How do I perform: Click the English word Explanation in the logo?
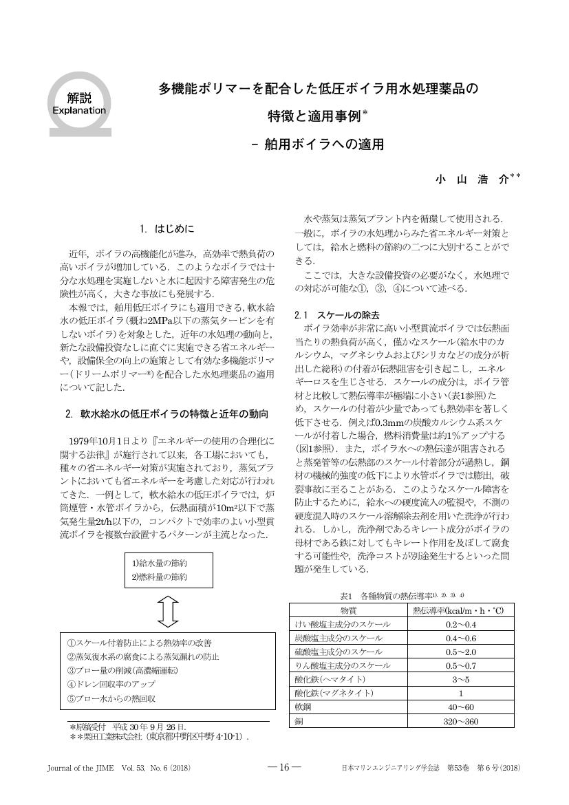(x=79, y=110)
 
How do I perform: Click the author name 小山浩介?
(x=473, y=179)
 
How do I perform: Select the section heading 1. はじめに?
(x=167, y=228)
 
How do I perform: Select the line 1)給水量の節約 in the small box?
(x=159, y=564)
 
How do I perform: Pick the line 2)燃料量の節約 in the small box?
(x=159, y=577)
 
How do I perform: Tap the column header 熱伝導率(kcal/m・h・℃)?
(x=458, y=610)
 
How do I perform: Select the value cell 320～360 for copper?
(x=460, y=721)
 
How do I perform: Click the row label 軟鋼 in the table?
(x=303, y=707)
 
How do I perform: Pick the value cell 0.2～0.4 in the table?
(x=460, y=624)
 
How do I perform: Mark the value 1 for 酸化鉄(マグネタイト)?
(x=460, y=694)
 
